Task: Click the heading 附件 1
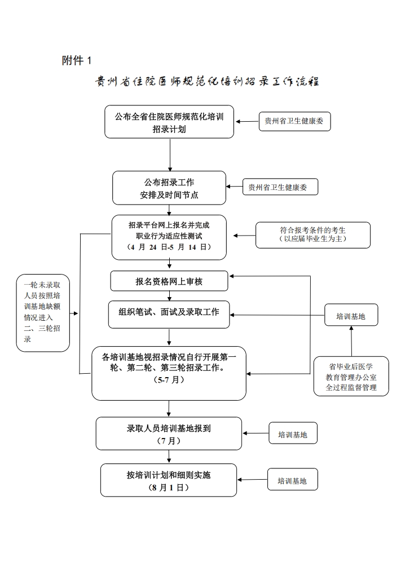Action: pos(77,60)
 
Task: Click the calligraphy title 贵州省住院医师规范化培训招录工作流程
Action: pos(207,81)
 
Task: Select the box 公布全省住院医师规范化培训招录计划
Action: pos(169,122)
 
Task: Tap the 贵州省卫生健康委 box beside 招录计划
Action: pos(294,121)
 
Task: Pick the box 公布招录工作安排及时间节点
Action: pos(169,188)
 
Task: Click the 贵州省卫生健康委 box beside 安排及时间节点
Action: pos(280,187)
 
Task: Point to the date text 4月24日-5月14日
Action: pos(169,247)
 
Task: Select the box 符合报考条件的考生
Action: pos(313,234)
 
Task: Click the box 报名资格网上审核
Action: pos(169,281)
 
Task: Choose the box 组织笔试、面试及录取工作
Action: pos(169,315)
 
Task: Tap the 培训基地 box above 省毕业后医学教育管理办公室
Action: pos(351,315)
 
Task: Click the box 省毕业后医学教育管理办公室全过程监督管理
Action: pos(351,376)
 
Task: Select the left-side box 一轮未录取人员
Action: pos(43,313)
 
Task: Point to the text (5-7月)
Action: pos(169,379)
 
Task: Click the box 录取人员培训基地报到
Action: pos(169,433)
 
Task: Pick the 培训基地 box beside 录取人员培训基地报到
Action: pos(293,433)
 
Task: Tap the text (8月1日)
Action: pos(169,488)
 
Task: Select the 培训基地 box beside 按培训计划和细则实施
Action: pos(293,479)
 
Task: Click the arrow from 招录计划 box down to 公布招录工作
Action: pos(170,155)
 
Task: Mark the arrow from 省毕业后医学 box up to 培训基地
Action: pos(351,341)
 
